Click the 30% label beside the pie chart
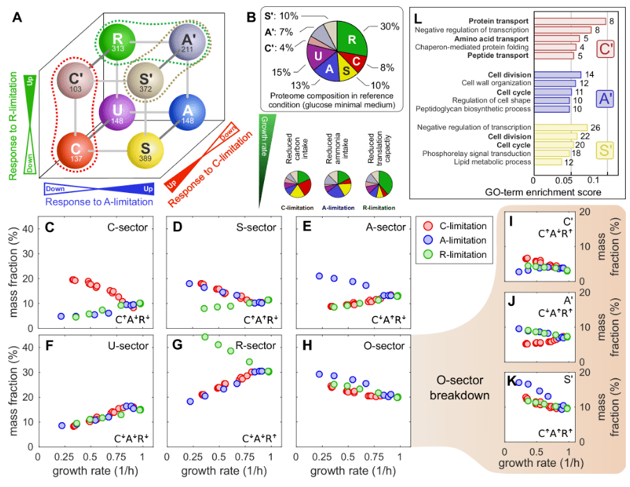(x=389, y=26)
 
